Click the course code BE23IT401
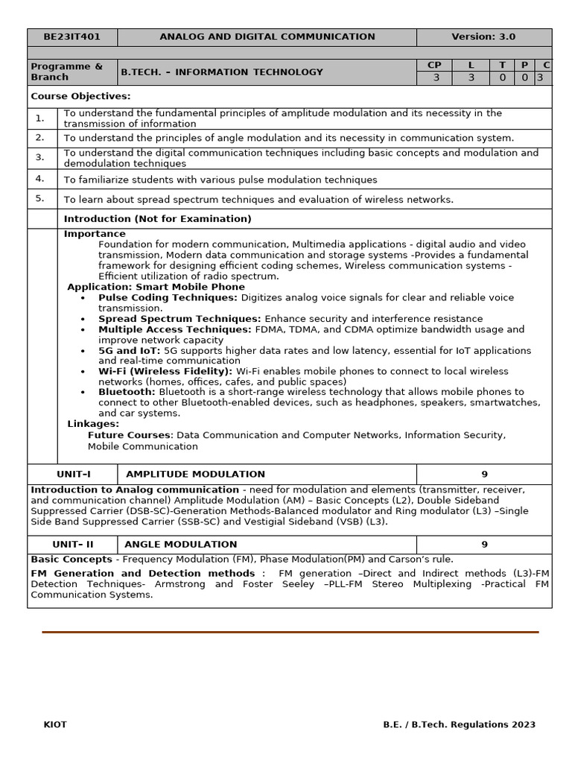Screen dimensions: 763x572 coord(71,37)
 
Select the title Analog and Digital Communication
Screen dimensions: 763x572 coord(267,37)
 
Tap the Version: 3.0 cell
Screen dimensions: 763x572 coord(483,37)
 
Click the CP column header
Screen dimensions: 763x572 coord(433,66)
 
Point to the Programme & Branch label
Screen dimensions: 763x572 coord(67,72)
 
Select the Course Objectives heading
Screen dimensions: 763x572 coord(80,96)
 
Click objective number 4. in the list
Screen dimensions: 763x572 coord(40,179)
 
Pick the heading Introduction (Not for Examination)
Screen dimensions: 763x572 coord(157,219)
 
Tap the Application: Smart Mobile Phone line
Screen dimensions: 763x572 coord(156,287)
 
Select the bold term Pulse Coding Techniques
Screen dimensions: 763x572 coord(168,297)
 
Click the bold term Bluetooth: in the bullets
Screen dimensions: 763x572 coord(127,392)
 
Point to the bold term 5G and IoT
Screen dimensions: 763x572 coord(129,350)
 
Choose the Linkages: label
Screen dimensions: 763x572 coord(93,424)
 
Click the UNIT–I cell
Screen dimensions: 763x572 coord(73,474)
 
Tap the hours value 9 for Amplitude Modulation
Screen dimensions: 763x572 coord(484,474)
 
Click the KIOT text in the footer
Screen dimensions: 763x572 coord(55,724)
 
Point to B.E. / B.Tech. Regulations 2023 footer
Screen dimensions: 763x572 coord(459,724)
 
